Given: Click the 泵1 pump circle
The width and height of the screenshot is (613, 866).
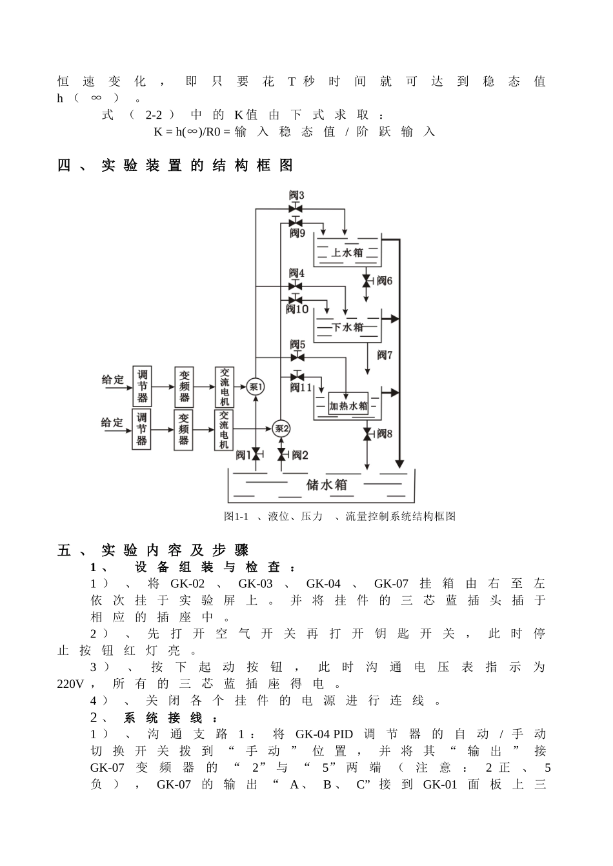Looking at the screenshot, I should (x=256, y=387).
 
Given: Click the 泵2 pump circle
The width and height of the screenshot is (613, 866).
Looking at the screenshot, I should (x=281, y=428).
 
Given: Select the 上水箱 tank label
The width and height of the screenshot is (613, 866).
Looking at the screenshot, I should (x=347, y=252).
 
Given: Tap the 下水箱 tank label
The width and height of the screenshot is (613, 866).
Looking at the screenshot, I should (x=348, y=327).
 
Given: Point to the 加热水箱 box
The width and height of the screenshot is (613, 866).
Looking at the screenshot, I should (x=348, y=405).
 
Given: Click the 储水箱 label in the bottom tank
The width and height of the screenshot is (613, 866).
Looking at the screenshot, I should (x=327, y=485).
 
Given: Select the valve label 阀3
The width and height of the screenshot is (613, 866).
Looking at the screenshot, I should (x=296, y=195).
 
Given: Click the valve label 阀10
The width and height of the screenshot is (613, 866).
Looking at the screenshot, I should (x=297, y=310).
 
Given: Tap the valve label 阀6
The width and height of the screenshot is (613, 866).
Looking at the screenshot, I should (x=385, y=281).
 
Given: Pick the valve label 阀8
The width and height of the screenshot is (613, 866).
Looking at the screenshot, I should (x=385, y=434).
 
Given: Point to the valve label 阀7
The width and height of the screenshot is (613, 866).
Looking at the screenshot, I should (x=385, y=355).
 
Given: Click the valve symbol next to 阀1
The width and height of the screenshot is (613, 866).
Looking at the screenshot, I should (x=256, y=455).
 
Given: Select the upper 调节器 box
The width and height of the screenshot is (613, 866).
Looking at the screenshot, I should (x=142, y=386).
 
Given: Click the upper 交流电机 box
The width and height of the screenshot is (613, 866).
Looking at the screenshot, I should (x=224, y=386).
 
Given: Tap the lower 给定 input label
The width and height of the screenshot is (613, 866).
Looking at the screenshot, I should (x=112, y=423).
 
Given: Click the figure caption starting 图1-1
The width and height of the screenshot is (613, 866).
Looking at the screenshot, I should (x=339, y=516).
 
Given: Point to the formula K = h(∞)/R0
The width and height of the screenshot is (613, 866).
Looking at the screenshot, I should (x=191, y=132).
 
